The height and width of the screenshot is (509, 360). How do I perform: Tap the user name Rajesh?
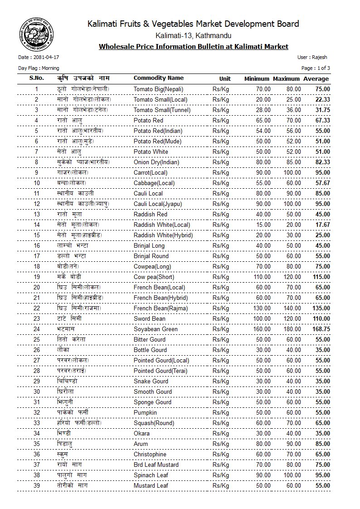318,58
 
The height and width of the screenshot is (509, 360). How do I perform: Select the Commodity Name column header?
159,78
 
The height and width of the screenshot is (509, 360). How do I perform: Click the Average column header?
316,79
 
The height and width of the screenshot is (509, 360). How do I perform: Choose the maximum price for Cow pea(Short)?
292,277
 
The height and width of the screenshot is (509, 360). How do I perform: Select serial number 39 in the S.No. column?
37,486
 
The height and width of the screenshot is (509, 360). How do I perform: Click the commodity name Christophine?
150,455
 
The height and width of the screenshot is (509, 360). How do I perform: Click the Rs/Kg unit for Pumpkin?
221,413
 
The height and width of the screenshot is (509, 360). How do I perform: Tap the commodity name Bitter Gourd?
150,340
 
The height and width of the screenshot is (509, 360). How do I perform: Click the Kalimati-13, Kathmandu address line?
193,35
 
